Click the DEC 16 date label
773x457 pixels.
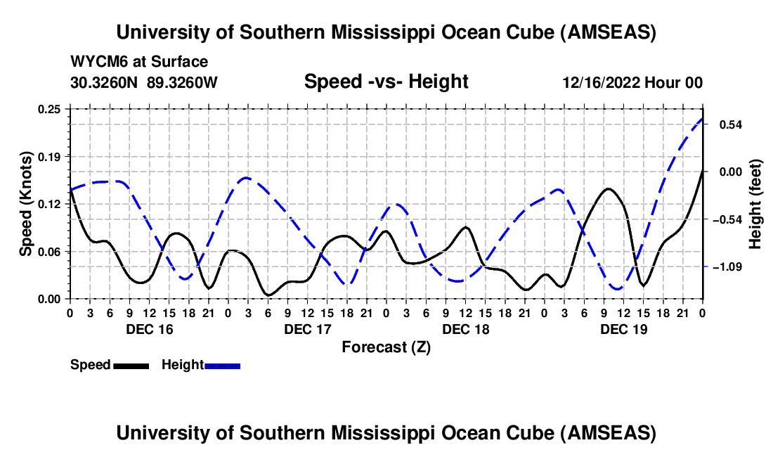(149, 329)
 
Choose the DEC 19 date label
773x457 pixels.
(623, 329)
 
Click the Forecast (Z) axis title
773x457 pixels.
(385, 347)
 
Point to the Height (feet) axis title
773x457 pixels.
(755, 204)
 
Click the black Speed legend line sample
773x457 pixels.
(131, 365)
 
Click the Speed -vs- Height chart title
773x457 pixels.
(386, 82)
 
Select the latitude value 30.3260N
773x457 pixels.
(105, 82)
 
